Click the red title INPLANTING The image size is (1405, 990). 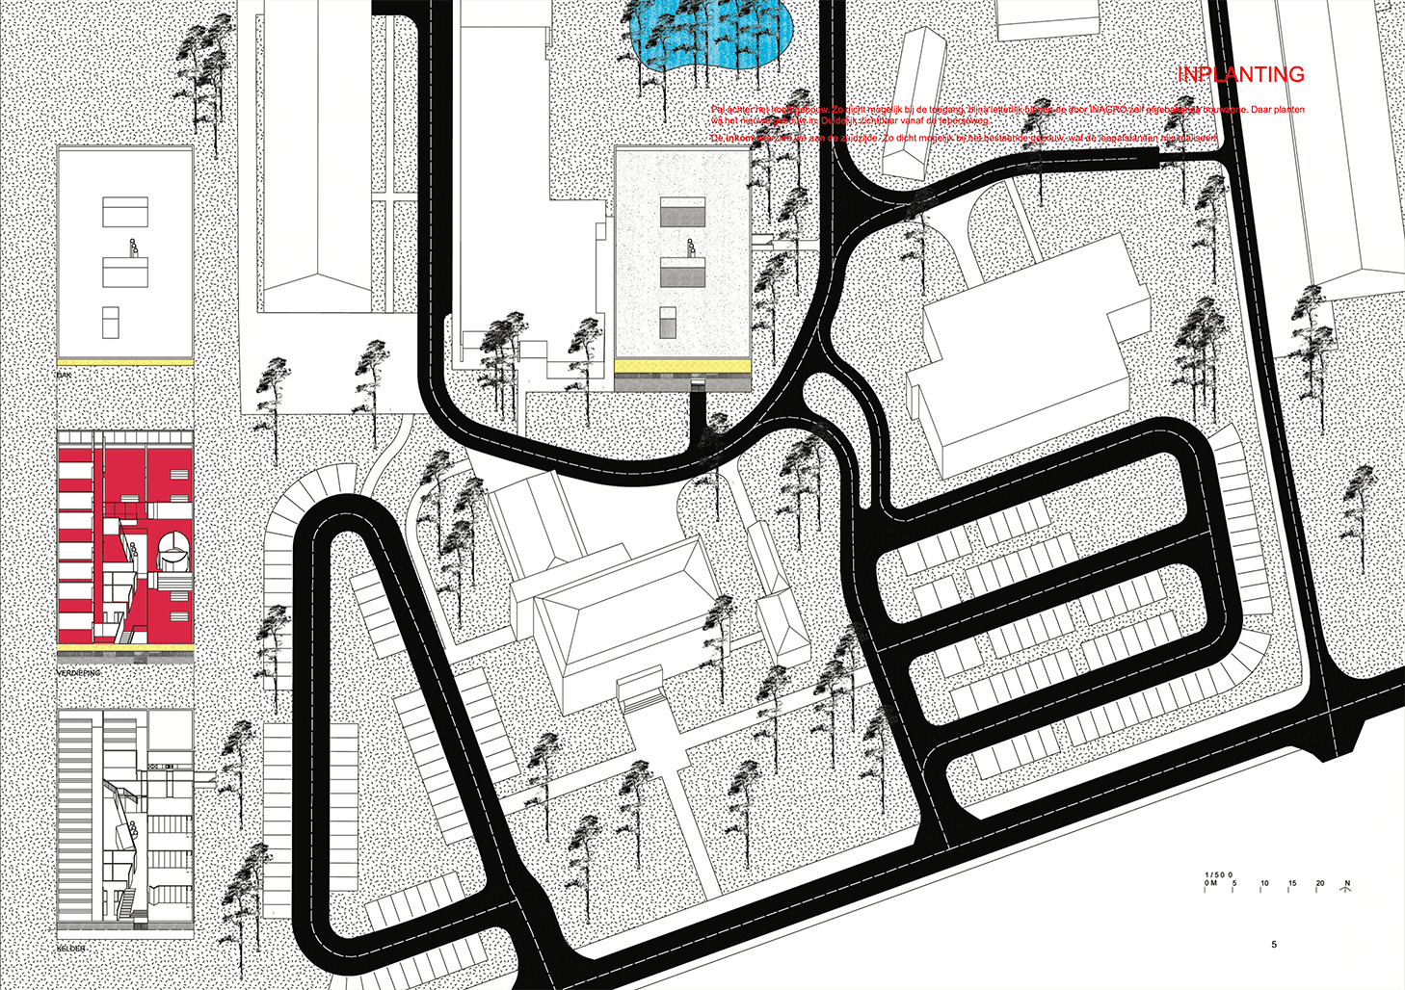click(1240, 75)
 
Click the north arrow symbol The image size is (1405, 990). click(1347, 885)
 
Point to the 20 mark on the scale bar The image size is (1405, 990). click(1320, 883)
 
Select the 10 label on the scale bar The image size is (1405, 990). click(1264, 883)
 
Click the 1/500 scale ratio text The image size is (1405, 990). click(1218, 874)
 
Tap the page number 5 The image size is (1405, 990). click(1274, 945)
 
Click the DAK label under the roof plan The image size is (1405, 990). click(65, 375)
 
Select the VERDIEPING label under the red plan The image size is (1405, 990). click(79, 672)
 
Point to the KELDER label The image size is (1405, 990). click(71, 949)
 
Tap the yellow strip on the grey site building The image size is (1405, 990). click(682, 367)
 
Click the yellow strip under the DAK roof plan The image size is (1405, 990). click(125, 361)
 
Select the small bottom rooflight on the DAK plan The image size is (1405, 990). click(111, 322)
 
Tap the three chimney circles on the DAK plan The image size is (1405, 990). click(134, 246)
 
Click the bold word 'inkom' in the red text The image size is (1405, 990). click(739, 139)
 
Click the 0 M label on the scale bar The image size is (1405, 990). click(1210, 883)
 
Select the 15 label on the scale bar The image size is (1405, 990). click(1292, 883)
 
